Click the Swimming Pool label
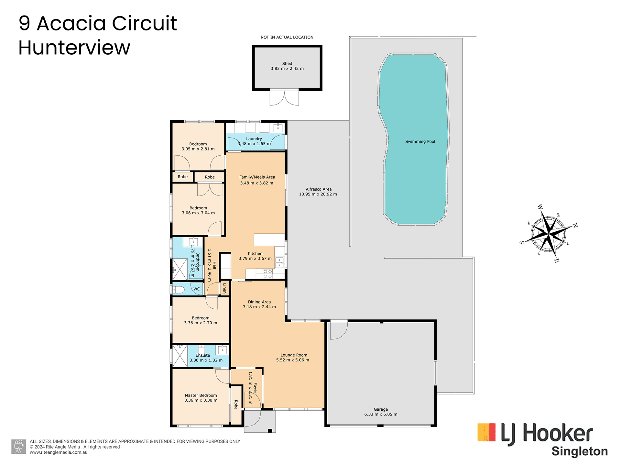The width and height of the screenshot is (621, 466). (x=420, y=141)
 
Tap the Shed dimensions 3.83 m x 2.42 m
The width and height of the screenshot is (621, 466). (x=287, y=69)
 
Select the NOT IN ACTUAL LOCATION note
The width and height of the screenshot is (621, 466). (x=287, y=37)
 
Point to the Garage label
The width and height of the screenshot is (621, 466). (x=381, y=409)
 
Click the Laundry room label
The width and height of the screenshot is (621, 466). (x=254, y=139)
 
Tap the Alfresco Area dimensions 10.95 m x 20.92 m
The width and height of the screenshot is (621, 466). (x=318, y=194)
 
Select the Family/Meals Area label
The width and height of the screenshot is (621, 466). (x=257, y=177)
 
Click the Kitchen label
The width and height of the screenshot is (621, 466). (x=255, y=253)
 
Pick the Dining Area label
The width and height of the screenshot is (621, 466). (x=259, y=302)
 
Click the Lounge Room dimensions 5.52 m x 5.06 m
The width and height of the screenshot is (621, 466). (x=292, y=360)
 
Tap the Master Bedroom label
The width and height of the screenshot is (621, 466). (x=201, y=395)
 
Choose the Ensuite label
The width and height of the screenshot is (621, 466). (x=203, y=355)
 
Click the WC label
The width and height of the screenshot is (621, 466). (x=197, y=289)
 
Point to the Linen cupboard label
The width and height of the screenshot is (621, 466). (x=224, y=288)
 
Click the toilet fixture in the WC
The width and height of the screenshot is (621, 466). (x=178, y=289)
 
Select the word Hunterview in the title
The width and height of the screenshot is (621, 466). (x=74, y=48)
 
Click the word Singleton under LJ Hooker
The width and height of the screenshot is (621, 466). (x=580, y=451)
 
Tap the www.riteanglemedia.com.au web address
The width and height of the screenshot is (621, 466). (x=59, y=452)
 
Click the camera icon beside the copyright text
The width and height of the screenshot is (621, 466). (x=18, y=447)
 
